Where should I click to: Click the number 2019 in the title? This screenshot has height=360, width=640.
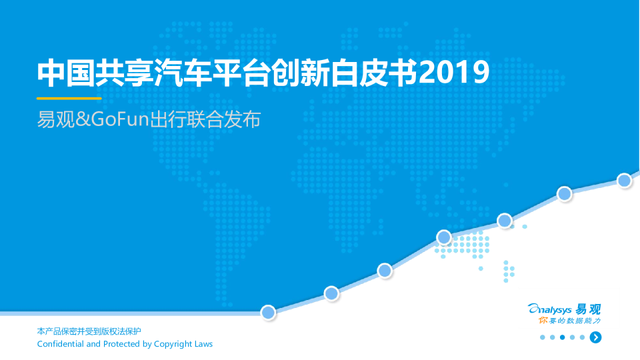click(454, 73)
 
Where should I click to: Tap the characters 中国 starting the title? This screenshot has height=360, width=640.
click(66, 73)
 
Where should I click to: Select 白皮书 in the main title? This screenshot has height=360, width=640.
click(374, 73)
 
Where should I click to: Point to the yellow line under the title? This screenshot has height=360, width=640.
click(69, 99)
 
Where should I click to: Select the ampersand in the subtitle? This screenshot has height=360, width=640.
click(83, 119)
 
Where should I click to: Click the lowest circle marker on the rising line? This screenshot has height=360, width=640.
click(268, 313)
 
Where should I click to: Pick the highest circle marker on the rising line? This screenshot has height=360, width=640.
click(625, 181)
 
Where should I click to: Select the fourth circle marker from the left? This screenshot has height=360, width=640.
click(444, 237)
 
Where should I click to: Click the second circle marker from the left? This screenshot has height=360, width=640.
click(331, 293)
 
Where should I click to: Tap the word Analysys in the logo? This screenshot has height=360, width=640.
click(549, 309)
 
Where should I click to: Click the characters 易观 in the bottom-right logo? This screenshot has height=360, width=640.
click(588, 309)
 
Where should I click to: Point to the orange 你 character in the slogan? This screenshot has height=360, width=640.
click(543, 321)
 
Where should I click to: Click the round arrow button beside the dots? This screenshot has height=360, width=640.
click(595, 337)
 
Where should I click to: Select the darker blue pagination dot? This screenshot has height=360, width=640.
click(563, 337)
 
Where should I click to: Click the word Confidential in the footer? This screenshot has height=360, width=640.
click(61, 344)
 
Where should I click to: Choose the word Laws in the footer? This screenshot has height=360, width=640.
click(204, 344)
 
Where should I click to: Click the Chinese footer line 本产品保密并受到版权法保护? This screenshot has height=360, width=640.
click(89, 331)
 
